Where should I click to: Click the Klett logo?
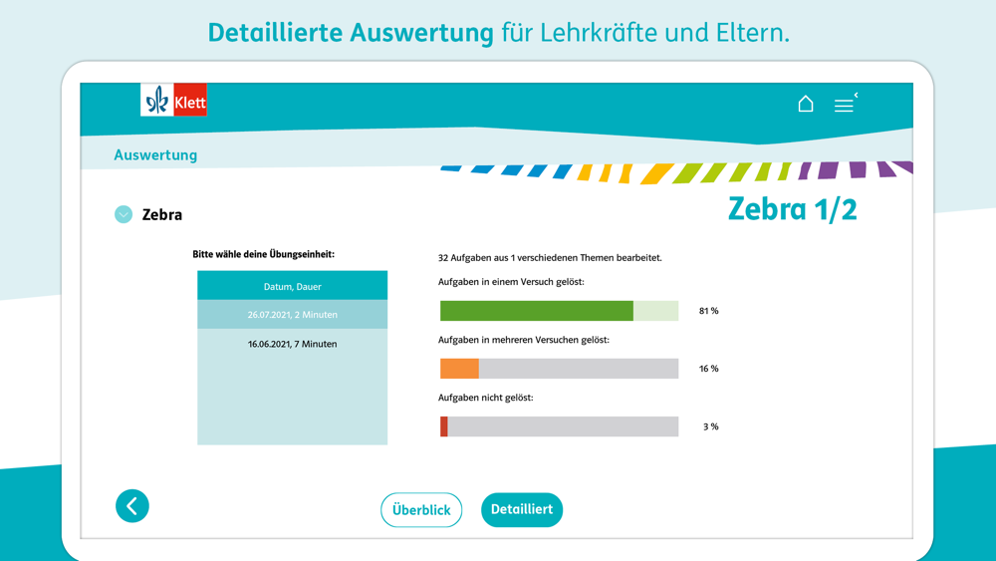pyautogui.click(x=173, y=101)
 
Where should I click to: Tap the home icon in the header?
pyautogui.click(x=806, y=104)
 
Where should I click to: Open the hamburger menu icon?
pyautogui.click(x=844, y=105)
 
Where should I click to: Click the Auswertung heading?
pyautogui.click(x=155, y=154)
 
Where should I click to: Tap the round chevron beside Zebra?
pyautogui.click(x=124, y=214)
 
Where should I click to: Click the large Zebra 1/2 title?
pyautogui.click(x=792, y=208)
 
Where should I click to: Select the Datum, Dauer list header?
pyautogui.click(x=292, y=286)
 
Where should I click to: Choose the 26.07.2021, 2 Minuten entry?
pyautogui.click(x=292, y=315)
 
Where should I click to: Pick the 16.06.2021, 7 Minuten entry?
pyautogui.click(x=292, y=344)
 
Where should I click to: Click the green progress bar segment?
pyautogui.click(x=536, y=311)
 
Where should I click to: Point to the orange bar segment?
pyautogui.click(x=459, y=369)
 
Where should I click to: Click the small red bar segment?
pyautogui.click(x=444, y=426)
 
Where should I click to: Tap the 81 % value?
pyautogui.click(x=708, y=311)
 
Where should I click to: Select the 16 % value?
pyautogui.click(x=708, y=369)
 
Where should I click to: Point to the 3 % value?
pyautogui.click(x=710, y=426)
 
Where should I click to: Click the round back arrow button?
pyautogui.click(x=132, y=506)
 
